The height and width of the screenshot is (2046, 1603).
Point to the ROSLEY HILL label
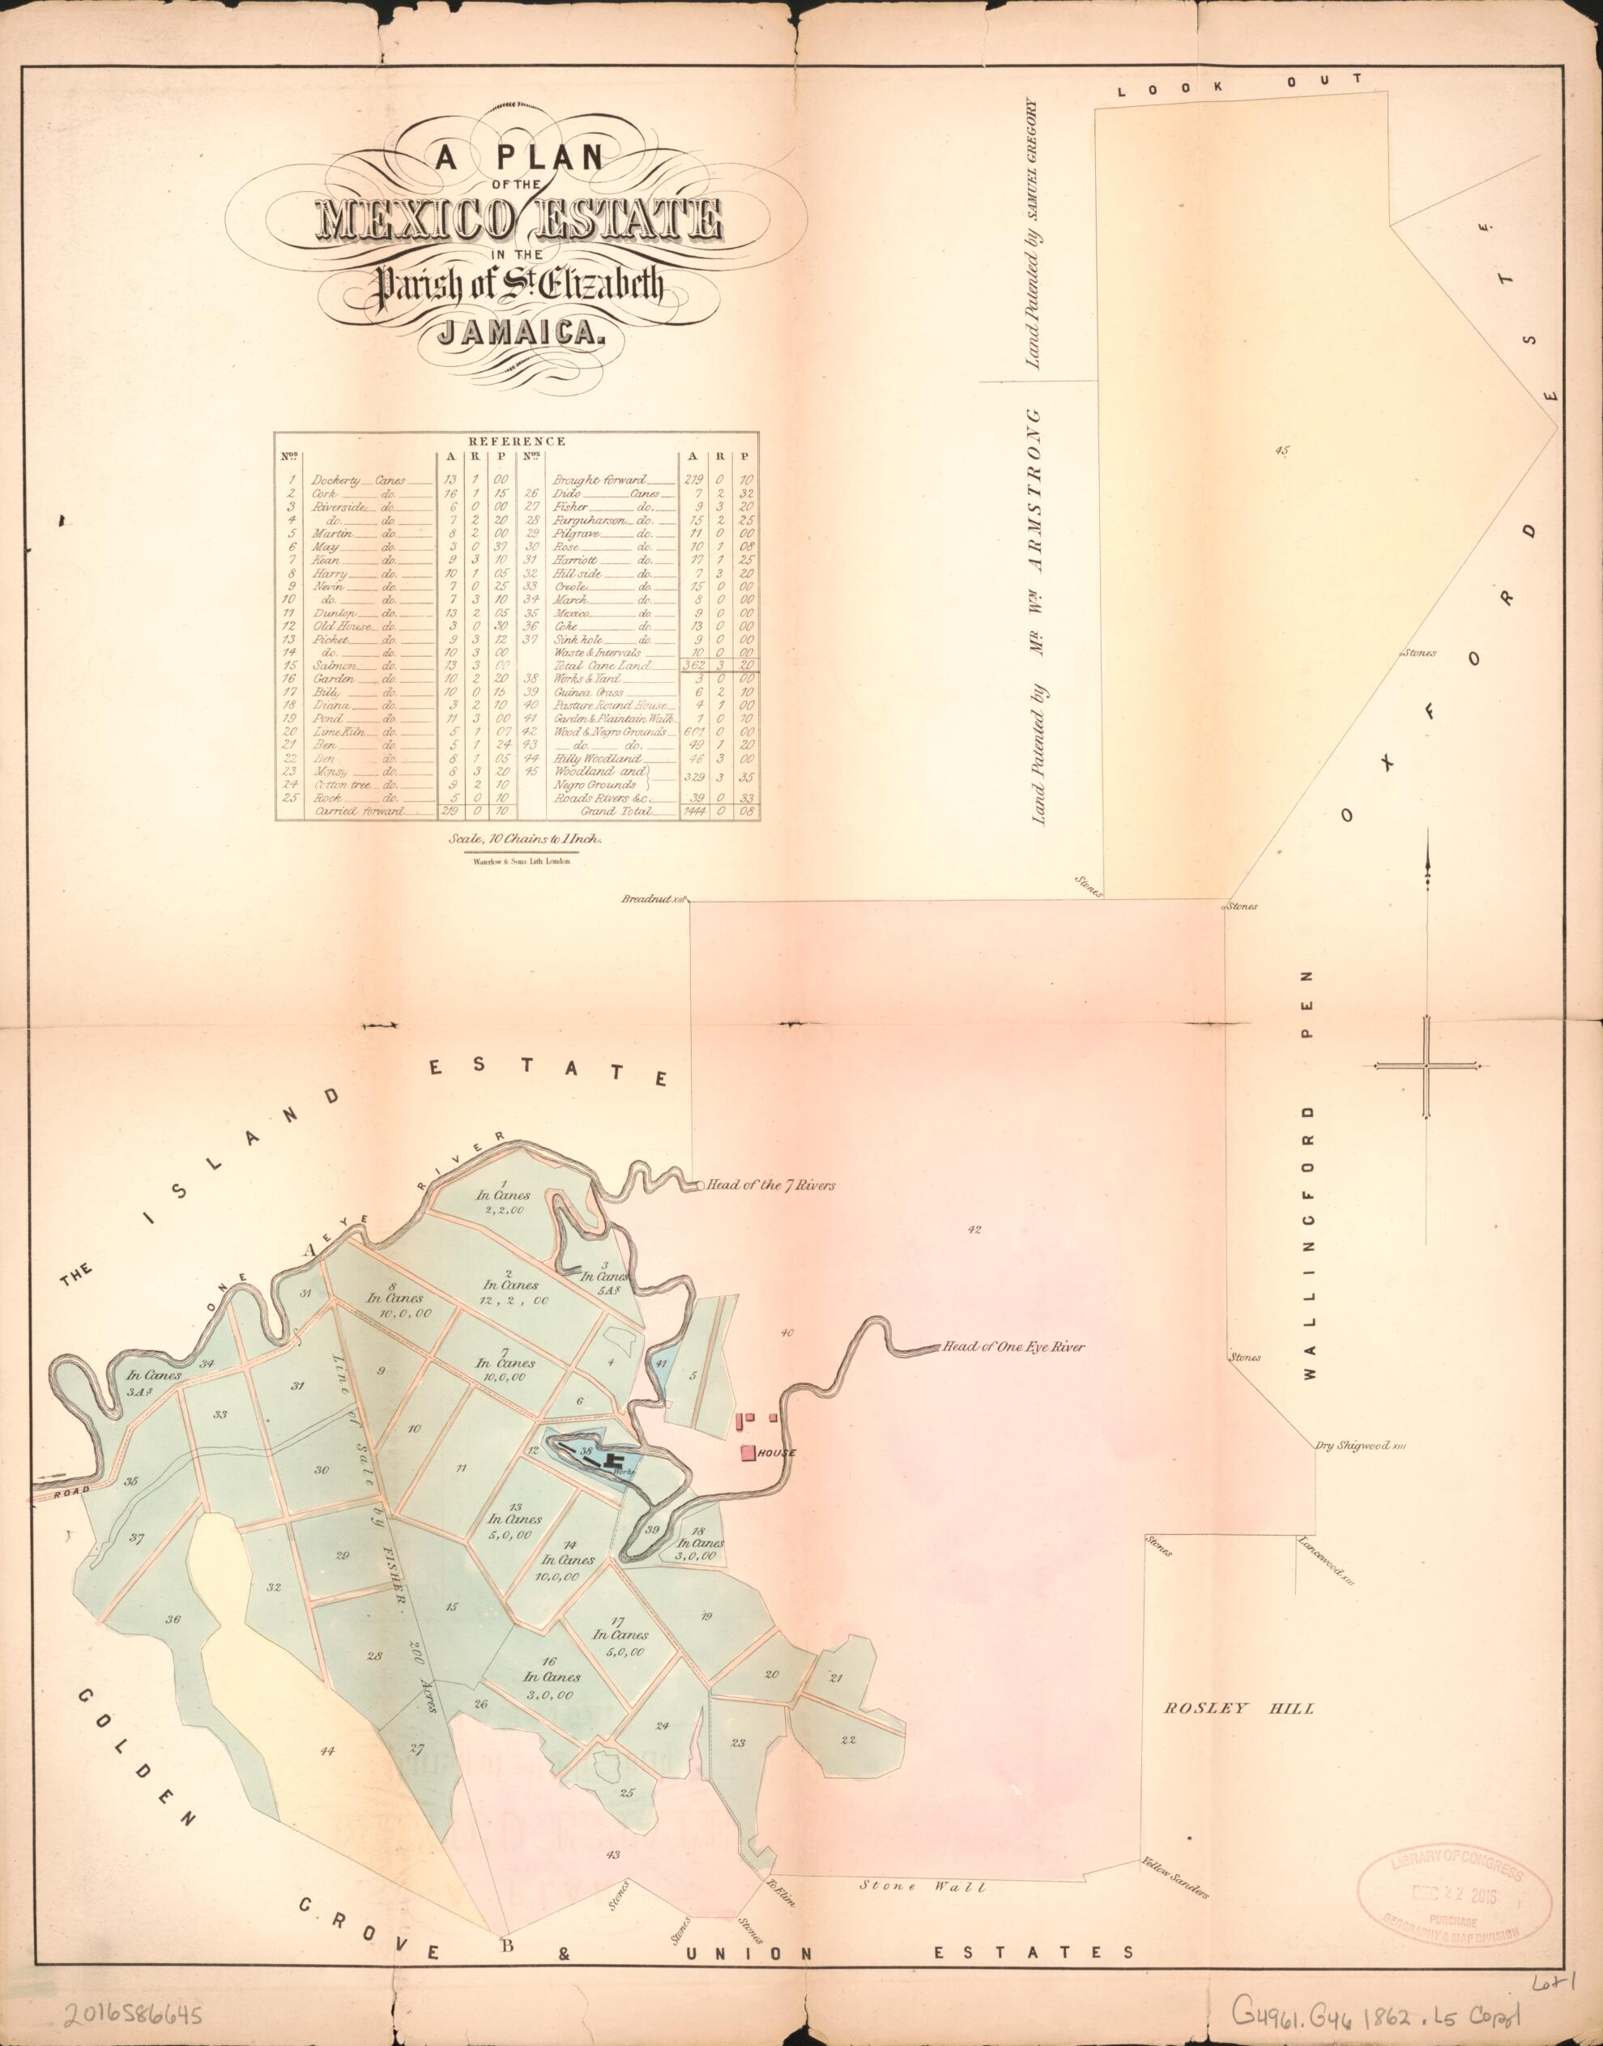1238,1707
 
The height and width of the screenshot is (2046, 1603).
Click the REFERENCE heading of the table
516,440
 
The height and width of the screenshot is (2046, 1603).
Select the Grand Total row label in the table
616,810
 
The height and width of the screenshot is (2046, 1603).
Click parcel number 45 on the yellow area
1282,451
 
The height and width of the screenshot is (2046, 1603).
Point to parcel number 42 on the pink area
974,1230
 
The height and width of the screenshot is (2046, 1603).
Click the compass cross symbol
1426,1066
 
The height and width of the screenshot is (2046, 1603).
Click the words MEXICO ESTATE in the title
522,220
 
